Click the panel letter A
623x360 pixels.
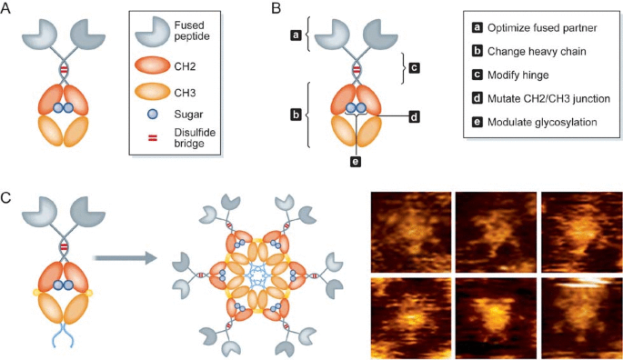(8, 10)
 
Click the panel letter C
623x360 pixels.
(8, 194)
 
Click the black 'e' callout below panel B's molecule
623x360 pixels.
(357, 161)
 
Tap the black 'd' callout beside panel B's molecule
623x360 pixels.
(413, 116)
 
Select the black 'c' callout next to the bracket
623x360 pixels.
(415, 66)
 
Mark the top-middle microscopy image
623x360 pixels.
(492, 228)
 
